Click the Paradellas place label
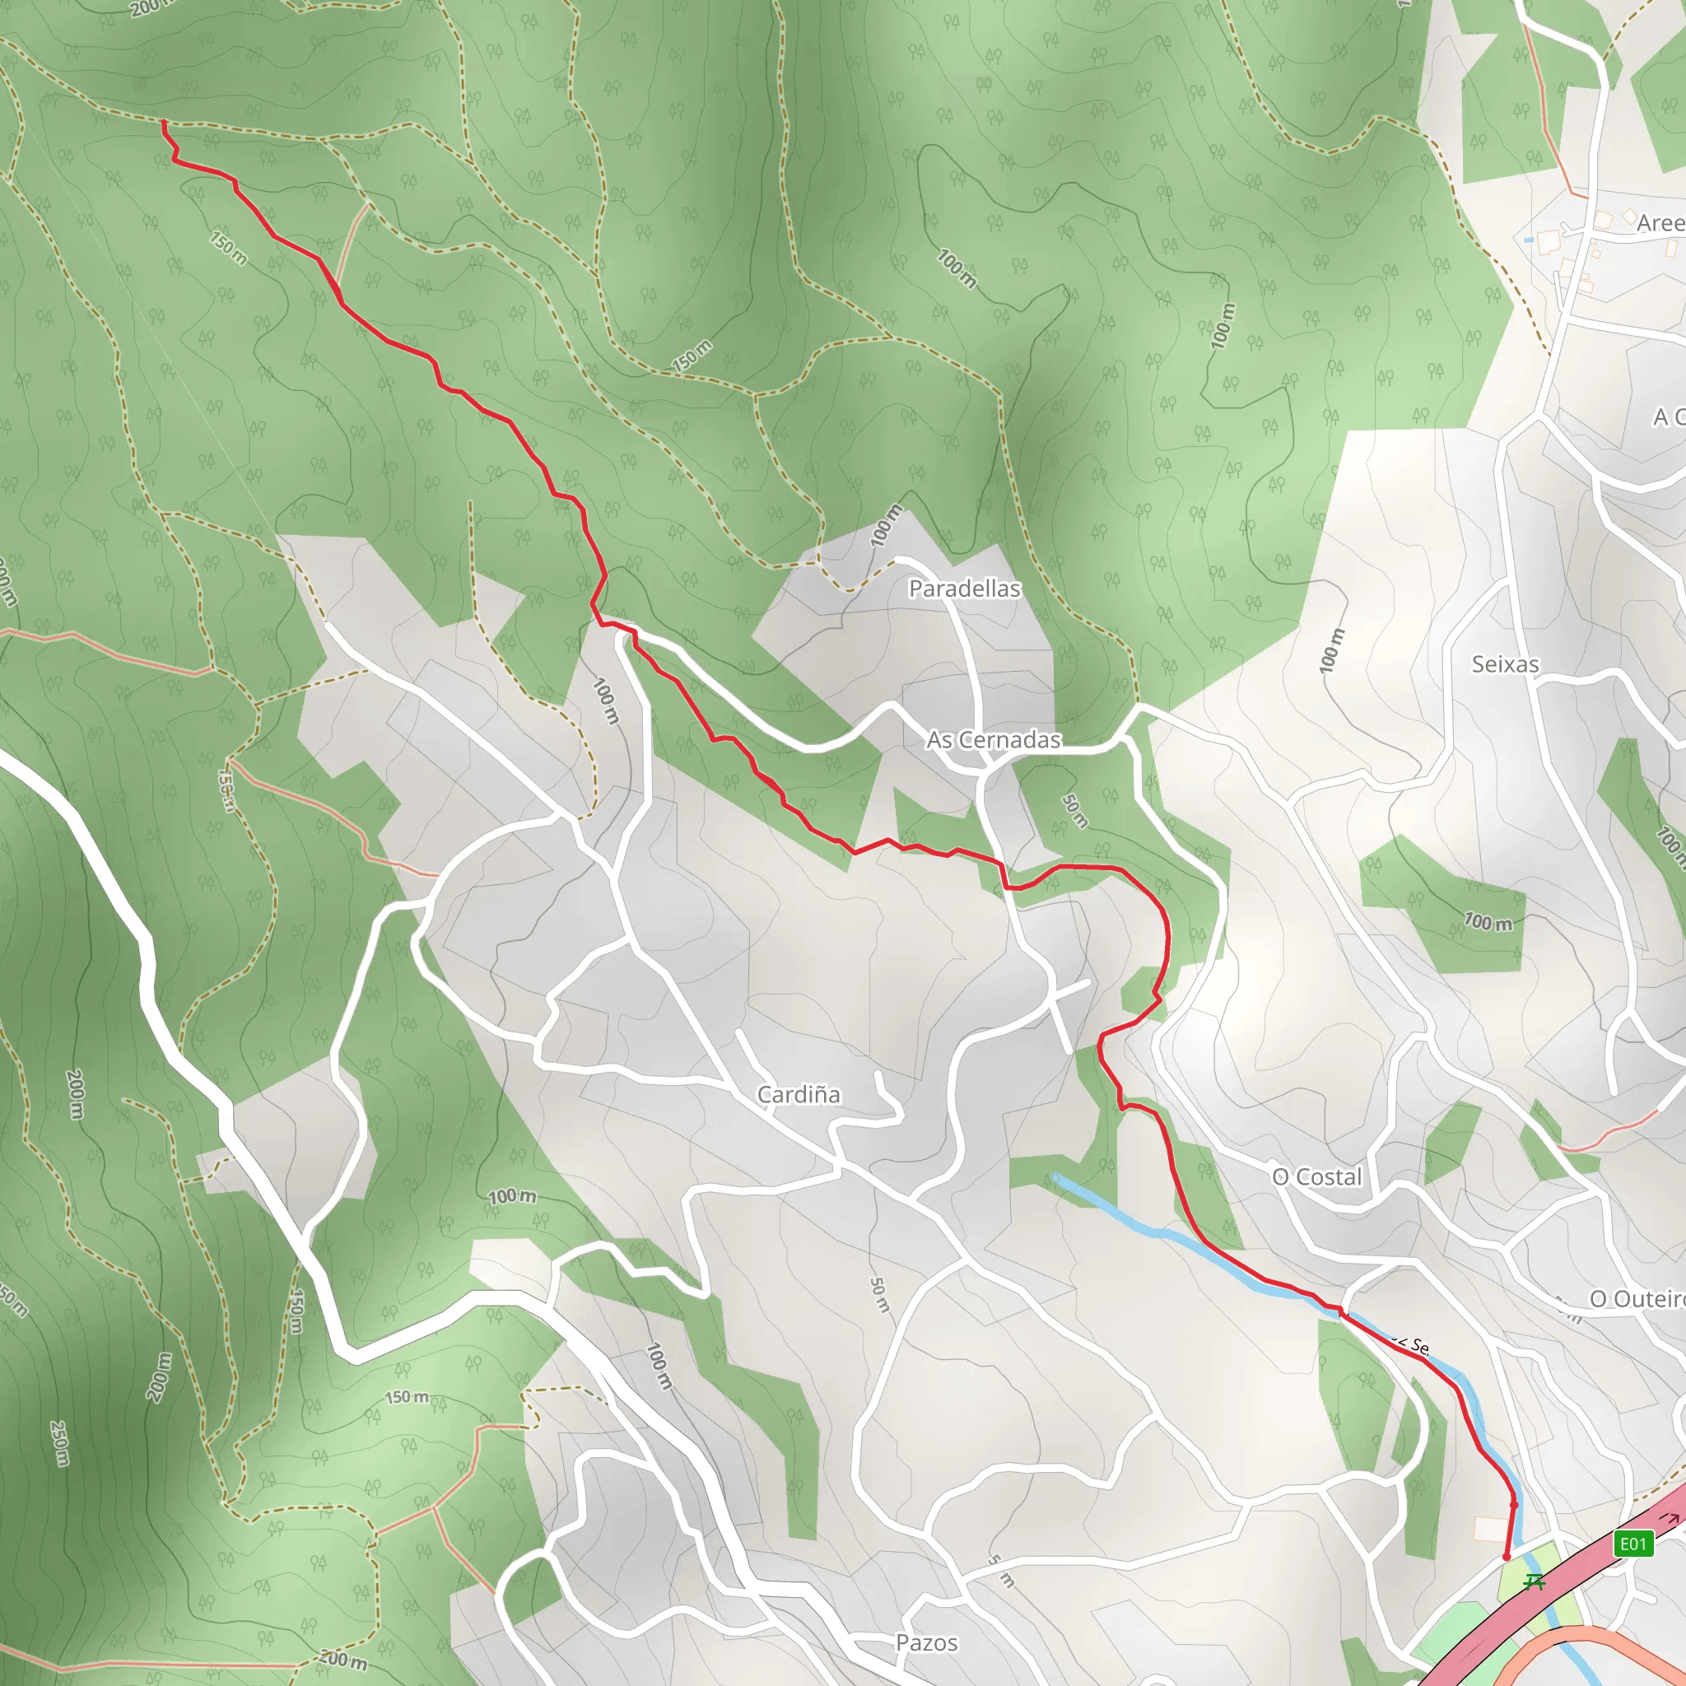[x=964, y=589]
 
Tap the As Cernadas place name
[x=994, y=740]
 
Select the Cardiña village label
[x=799, y=1094]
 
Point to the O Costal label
[x=1317, y=1176]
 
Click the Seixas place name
[x=1506, y=664]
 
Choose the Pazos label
[x=927, y=1642]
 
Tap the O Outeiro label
[x=1637, y=1298]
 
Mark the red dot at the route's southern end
[x=1507, y=1557]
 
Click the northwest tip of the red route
[x=164, y=122]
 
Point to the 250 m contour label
[x=59, y=1443]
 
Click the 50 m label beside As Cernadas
[x=1075, y=811]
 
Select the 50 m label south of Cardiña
[x=880, y=1295]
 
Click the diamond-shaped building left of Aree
[x=1628, y=215]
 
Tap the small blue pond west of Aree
[x=1528, y=239]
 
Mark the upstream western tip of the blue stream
[x=1056, y=1177]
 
